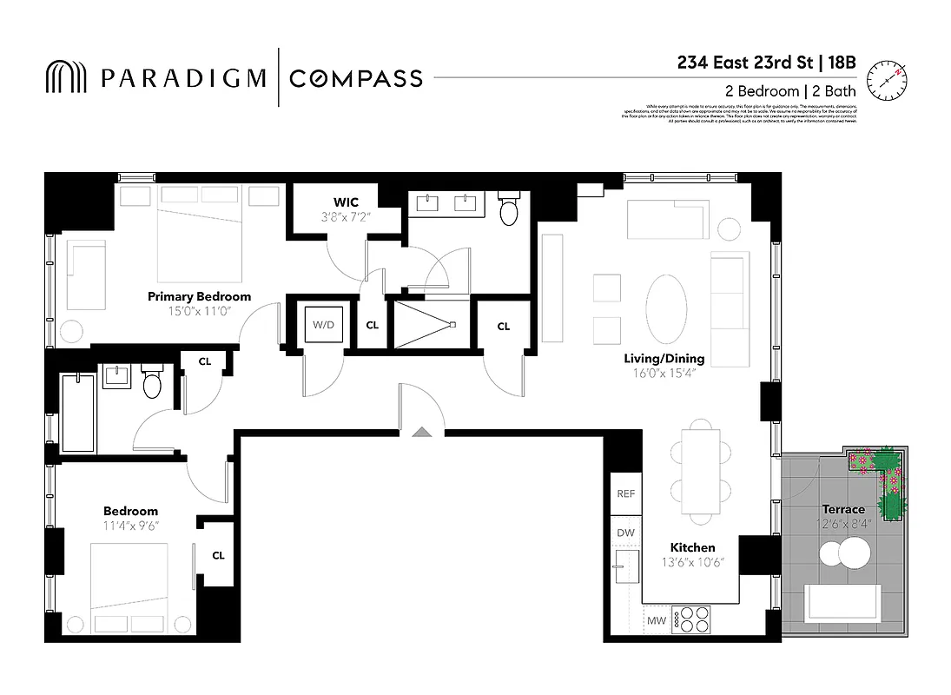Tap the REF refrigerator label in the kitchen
(x=625, y=493)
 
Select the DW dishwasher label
(x=625, y=533)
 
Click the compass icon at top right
(x=886, y=78)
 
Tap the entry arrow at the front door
(x=421, y=431)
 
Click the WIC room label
(x=346, y=202)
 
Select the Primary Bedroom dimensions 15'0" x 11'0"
(x=199, y=310)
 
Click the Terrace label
(x=843, y=509)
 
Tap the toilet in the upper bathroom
(x=510, y=209)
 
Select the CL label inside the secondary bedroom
(x=218, y=556)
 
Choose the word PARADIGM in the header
(x=183, y=78)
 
